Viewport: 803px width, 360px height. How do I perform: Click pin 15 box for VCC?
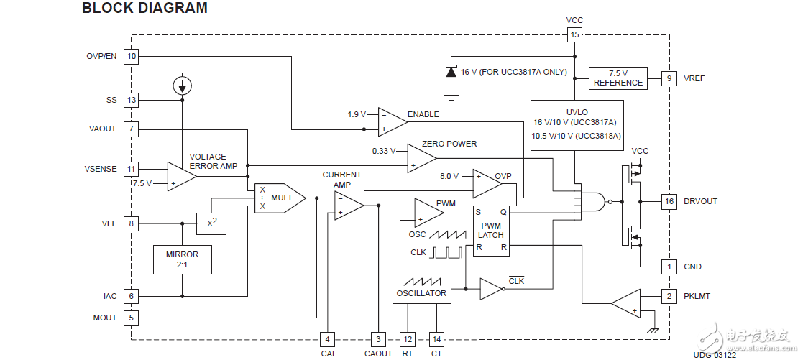(x=574, y=34)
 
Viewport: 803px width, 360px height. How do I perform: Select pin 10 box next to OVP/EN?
(x=131, y=57)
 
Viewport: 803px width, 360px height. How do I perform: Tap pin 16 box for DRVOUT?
(x=669, y=201)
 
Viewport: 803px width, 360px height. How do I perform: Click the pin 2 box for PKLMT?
(x=669, y=295)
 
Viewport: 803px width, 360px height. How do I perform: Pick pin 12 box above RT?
(x=408, y=338)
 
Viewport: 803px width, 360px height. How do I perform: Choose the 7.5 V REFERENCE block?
(x=618, y=78)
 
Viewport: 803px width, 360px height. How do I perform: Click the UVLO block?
(x=577, y=124)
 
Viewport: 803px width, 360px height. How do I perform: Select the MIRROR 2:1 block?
(x=182, y=259)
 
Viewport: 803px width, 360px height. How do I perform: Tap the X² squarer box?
(x=211, y=223)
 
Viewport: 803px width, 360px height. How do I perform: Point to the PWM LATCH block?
(x=491, y=230)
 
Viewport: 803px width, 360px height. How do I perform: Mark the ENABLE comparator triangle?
(x=391, y=122)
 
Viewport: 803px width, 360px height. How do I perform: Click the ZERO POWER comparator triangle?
(x=420, y=158)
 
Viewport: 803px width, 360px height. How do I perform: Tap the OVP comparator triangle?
(x=486, y=183)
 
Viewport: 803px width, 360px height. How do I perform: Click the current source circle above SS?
(x=182, y=86)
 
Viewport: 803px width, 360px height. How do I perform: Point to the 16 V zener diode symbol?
(x=451, y=72)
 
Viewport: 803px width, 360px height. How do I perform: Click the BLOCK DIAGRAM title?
(x=144, y=9)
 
